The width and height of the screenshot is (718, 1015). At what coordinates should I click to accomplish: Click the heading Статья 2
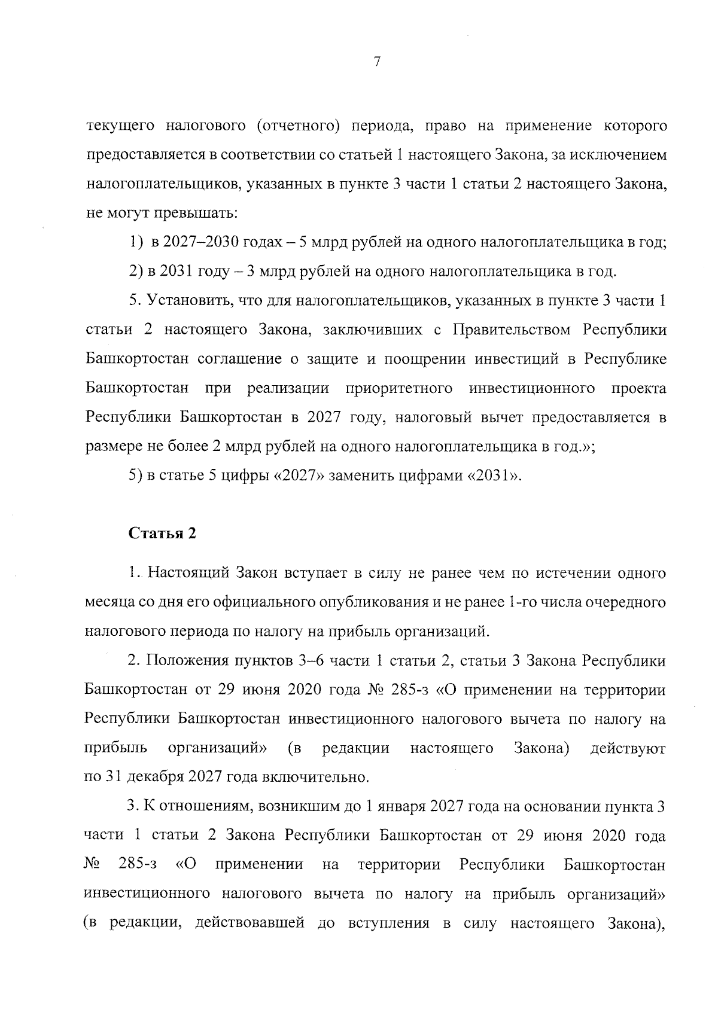(x=163, y=534)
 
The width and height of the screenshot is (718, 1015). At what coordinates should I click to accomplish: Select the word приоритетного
(x=400, y=388)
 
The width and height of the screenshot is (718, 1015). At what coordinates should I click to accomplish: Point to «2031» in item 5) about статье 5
(x=489, y=476)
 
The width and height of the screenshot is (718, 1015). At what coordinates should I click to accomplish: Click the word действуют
(x=627, y=748)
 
